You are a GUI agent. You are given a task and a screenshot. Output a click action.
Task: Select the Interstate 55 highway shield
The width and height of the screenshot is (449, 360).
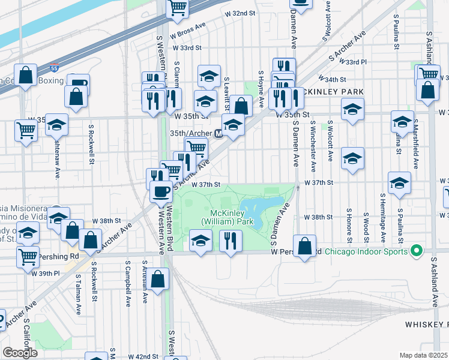[x=54, y=69]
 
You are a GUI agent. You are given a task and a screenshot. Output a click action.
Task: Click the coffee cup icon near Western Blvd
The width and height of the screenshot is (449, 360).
[x=160, y=191]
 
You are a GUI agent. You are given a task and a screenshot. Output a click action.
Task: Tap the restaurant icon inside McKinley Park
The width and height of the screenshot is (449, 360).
[x=231, y=241]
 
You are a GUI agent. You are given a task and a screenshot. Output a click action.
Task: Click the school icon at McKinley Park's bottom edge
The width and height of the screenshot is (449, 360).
[x=200, y=241]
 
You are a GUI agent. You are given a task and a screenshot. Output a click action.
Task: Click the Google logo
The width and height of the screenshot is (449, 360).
[x=20, y=353]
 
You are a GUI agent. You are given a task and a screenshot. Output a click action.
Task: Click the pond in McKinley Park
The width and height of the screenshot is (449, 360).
[x=265, y=209]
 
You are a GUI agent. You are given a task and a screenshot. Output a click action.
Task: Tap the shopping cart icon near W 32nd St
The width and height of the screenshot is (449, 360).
[x=178, y=7]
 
